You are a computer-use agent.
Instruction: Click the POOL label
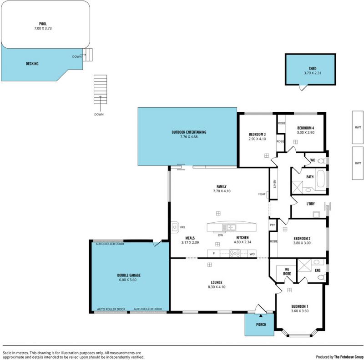tap(43, 24)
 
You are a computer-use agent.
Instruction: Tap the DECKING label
tap(32, 64)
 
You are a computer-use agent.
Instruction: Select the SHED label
tap(313, 69)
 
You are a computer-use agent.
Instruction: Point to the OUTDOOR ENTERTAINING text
tap(189, 132)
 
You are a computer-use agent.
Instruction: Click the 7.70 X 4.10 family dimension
tap(222, 191)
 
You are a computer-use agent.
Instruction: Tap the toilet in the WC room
tap(322, 160)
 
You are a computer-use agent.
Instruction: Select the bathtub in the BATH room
tap(321, 179)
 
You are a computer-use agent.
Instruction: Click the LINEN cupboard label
tap(275, 184)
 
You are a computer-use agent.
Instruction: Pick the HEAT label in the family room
tap(262, 194)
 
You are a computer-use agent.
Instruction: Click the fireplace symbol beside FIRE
tap(175, 227)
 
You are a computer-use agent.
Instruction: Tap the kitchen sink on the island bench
tap(229, 227)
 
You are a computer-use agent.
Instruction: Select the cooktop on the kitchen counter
tap(235, 253)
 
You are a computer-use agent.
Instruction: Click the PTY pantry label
tap(272, 225)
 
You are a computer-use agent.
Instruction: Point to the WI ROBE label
tap(287, 272)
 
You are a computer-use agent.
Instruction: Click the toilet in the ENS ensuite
tap(322, 277)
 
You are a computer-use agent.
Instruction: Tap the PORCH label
tap(261, 325)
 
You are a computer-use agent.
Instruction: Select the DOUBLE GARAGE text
tap(129, 275)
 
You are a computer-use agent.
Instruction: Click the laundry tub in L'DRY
tap(316, 215)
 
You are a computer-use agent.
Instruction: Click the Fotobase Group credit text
tap(349, 357)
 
